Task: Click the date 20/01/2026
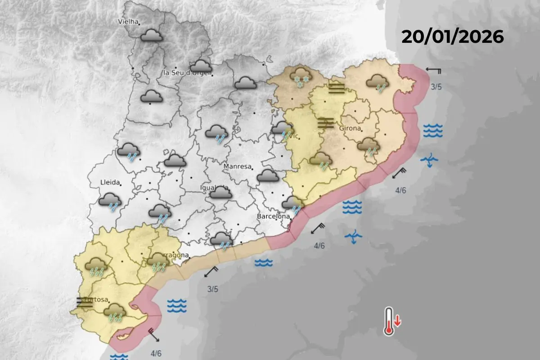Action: pyautogui.click(x=452, y=37)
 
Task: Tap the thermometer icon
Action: pyautogui.click(x=388, y=322)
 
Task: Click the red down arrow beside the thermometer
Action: pyautogui.click(x=398, y=321)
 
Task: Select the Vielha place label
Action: pyautogui.click(x=128, y=21)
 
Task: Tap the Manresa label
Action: pyautogui.click(x=237, y=166)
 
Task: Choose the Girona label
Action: pyautogui.click(x=350, y=129)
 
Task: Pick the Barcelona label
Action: pyautogui.click(x=273, y=216)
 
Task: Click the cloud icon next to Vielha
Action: pyautogui.click(x=151, y=36)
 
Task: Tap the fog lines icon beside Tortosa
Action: pyautogui.click(x=85, y=302)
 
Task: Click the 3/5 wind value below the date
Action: pyautogui.click(x=436, y=87)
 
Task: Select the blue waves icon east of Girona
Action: pyautogui.click(x=432, y=130)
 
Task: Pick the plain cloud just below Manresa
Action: pyautogui.click(x=268, y=175)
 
